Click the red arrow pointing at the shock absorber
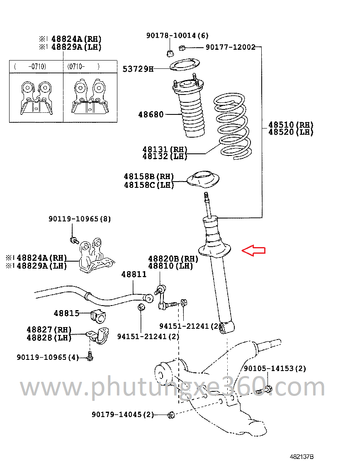point(253,250)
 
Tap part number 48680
point(151,114)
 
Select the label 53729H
point(138,69)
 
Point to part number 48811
point(134,274)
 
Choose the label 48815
point(66,313)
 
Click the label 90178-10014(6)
point(177,36)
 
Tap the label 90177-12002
point(231,47)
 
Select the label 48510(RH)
point(291,125)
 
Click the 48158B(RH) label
point(148,177)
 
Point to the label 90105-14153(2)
point(275,368)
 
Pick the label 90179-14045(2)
point(123,414)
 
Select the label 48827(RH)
point(49,330)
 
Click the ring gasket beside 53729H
point(185,65)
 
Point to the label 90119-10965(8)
point(80,219)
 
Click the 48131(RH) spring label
point(165,149)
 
